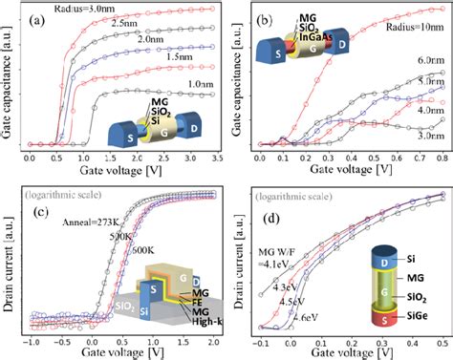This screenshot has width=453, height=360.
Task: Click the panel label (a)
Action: (x=43, y=16)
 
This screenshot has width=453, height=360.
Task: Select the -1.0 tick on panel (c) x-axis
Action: (x=33, y=343)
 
